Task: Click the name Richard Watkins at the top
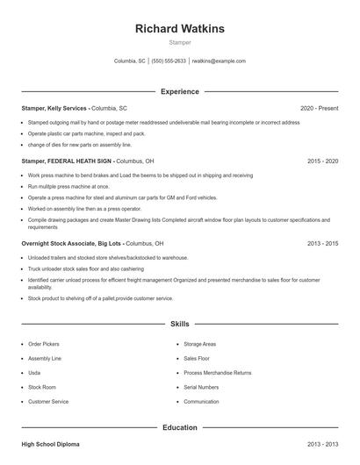[180, 28]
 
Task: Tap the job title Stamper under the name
[180, 42]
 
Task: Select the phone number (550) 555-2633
[169, 61]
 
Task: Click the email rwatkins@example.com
[219, 61]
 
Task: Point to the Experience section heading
[180, 91]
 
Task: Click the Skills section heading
[180, 324]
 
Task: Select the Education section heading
[180, 427]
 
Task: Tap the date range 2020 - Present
[319, 108]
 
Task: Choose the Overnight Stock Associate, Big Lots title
[73, 243]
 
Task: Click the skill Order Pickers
[44, 345]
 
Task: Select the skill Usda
[34, 373]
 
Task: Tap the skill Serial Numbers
[201, 387]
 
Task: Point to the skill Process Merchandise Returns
[218, 373]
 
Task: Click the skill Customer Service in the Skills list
[48, 401]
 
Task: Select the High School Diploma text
[51, 445]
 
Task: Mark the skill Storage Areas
[200, 345]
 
